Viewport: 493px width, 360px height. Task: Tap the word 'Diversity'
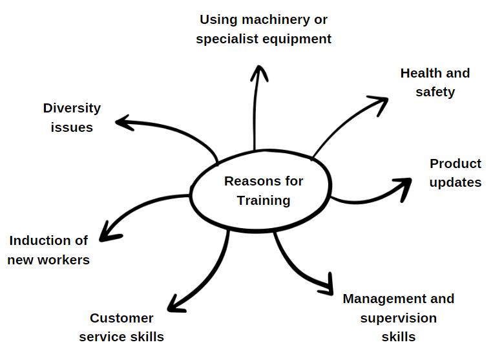72,108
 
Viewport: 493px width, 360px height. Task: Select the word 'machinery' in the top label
267,20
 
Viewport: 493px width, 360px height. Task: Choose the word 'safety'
435,92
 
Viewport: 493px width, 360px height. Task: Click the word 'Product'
456,164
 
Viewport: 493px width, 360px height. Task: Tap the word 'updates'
456,182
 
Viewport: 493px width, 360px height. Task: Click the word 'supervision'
398,318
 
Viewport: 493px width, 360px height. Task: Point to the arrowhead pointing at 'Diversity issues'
123,122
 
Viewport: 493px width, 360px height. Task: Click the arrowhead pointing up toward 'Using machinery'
258,70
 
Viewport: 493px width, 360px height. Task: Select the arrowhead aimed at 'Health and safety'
381,102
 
